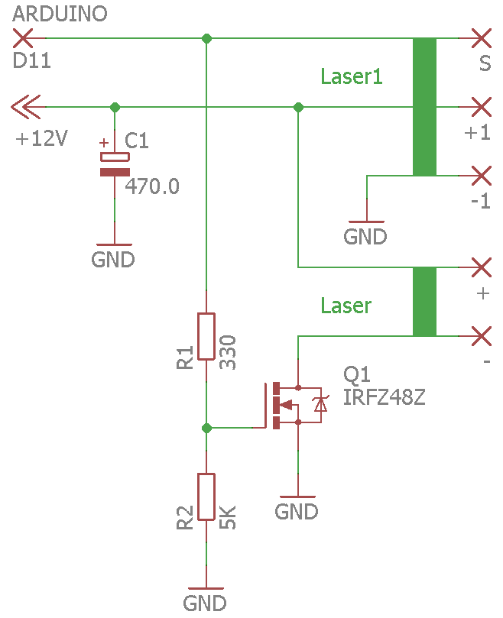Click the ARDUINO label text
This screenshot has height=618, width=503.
coord(60,13)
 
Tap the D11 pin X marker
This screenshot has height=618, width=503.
coord(23,37)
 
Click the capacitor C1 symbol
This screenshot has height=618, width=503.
coord(115,163)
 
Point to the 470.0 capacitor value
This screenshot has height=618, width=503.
coord(152,186)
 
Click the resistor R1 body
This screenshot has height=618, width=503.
coord(206,336)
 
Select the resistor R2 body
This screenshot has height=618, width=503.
coord(206,497)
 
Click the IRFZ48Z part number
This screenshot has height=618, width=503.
coord(384,397)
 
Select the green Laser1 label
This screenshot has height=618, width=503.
coord(351,76)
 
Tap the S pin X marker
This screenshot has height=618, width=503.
coord(481,37)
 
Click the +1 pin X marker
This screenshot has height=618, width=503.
coord(481,106)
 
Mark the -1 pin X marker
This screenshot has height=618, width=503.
coord(481,176)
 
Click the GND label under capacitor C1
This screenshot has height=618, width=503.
coord(112,259)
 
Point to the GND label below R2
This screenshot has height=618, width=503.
coord(205,602)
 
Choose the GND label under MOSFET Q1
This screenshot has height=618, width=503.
coord(297,510)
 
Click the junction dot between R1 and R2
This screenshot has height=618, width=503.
coord(206,428)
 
